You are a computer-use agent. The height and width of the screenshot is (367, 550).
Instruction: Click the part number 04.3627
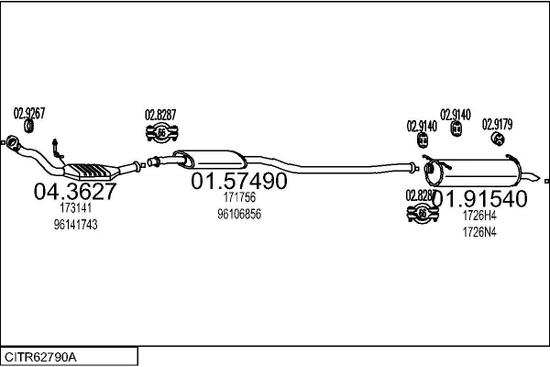(75, 192)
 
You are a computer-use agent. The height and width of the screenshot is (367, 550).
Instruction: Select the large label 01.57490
(238, 182)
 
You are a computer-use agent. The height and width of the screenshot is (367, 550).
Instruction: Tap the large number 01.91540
(480, 198)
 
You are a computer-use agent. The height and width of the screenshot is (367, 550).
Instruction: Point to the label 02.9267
(29, 113)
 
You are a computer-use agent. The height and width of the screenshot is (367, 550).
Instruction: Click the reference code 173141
(75, 208)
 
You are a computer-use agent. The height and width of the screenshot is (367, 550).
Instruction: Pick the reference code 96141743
(75, 224)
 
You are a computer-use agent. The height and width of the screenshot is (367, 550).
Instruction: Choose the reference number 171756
(238, 197)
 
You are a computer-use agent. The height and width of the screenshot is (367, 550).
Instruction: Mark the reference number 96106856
(238, 214)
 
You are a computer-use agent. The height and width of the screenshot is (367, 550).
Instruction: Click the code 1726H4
(479, 216)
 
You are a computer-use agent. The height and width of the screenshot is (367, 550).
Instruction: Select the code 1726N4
(479, 231)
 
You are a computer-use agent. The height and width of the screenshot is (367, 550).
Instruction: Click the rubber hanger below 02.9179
(498, 139)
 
